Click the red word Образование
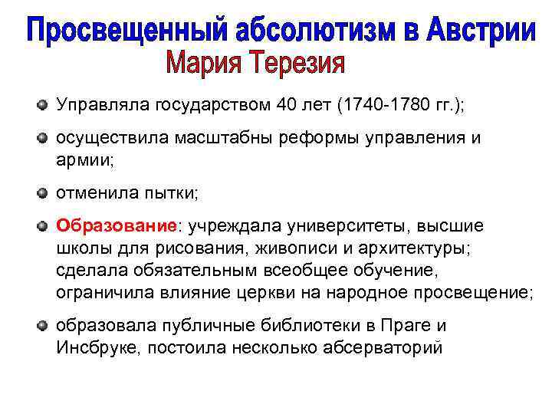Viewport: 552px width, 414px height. pyautogui.click(x=116, y=228)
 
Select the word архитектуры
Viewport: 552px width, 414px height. pyautogui.click(x=413, y=249)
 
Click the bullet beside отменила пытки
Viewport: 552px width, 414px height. pyautogui.click(x=44, y=192)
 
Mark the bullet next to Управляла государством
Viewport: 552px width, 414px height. pyautogui.click(x=44, y=105)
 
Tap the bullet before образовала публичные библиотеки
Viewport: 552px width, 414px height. pyautogui.click(x=44, y=325)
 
